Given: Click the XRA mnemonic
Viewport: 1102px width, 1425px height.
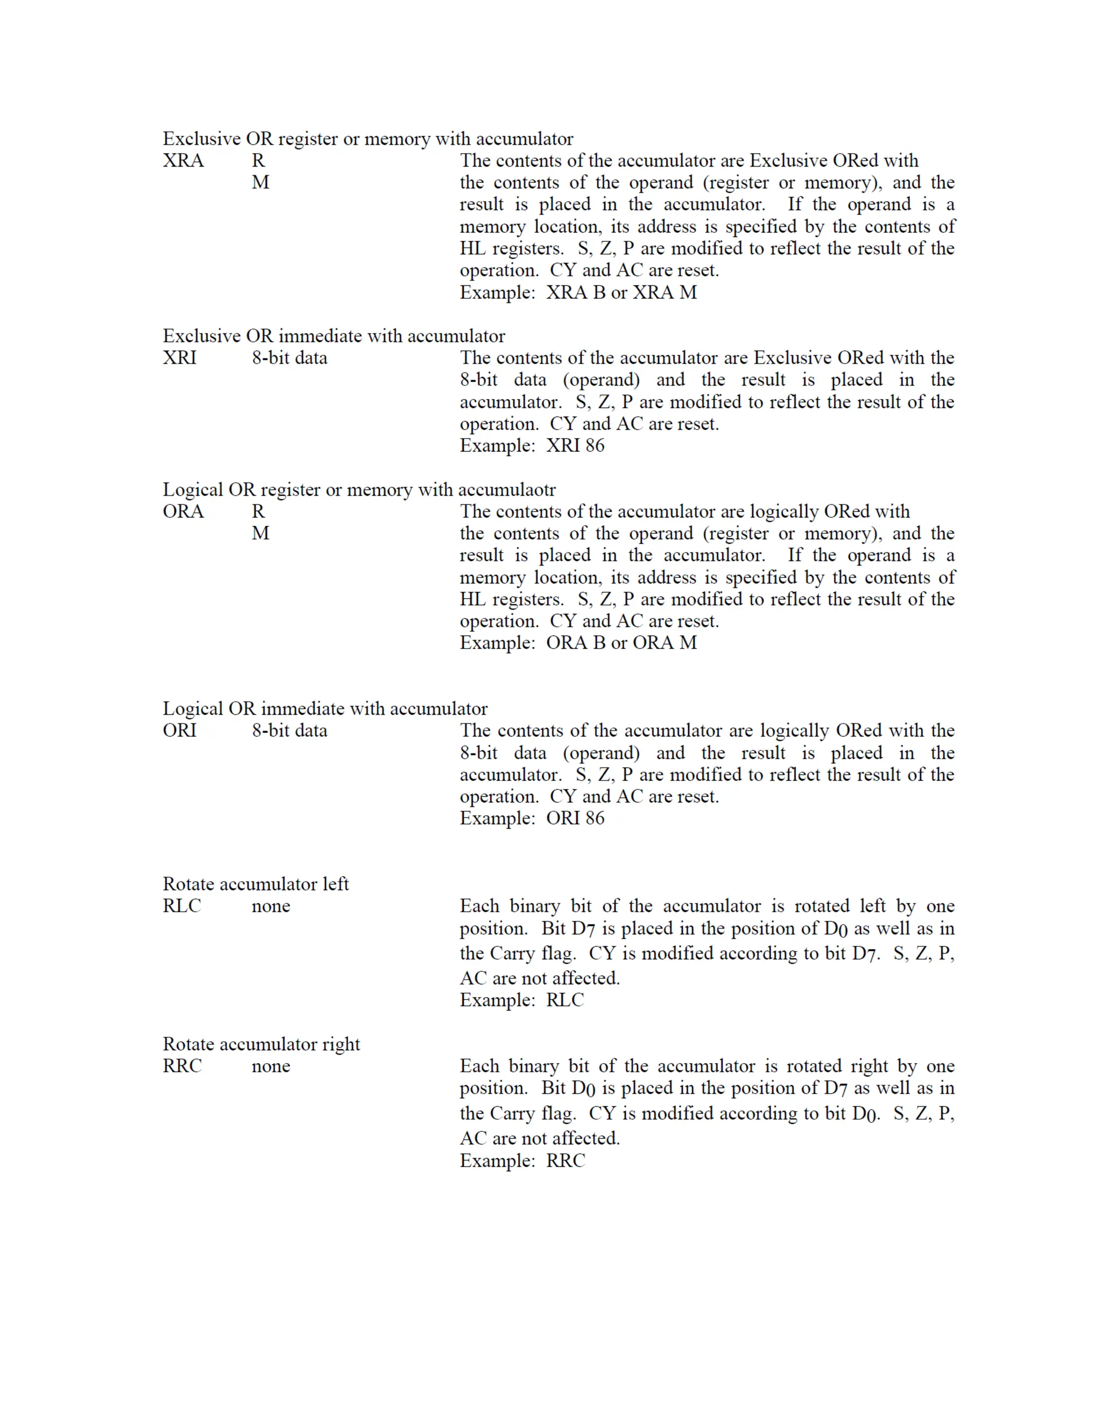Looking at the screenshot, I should (183, 160).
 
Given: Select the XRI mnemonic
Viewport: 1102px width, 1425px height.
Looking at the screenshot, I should (180, 358).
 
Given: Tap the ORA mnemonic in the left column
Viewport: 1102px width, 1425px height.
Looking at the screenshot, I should (183, 511).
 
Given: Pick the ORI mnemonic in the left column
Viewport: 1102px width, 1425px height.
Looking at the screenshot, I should (180, 730).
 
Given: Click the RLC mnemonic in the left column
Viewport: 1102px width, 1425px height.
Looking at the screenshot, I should (181, 906).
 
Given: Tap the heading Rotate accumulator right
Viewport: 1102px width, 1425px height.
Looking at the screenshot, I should (261, 1044).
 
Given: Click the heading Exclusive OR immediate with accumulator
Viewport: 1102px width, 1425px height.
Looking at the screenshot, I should (334, 336).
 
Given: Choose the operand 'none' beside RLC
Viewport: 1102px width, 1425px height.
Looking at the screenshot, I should (271, 906).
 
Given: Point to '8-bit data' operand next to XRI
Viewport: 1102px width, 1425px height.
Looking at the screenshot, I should (289, 358).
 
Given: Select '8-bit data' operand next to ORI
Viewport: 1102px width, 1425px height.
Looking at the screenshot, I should (289, 730).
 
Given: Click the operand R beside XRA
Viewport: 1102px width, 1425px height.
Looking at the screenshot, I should (258, 160).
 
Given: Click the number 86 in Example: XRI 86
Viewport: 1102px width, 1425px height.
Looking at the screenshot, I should (595, 446).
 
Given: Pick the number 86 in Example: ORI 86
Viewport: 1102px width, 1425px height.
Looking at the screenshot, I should (595, 818).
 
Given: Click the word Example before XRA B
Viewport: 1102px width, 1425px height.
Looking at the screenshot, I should (497, 293).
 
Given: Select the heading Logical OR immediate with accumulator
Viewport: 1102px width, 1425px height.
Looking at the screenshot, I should (324, 709).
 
